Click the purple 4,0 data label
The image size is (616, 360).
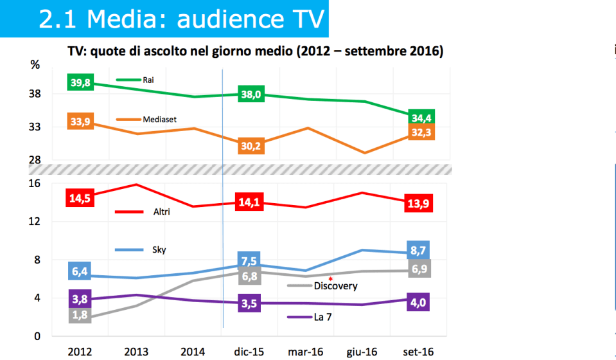click(x=418, y=303)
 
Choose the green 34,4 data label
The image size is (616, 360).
click(x=422, y=117)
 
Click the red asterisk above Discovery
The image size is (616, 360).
click(x=330, y=278)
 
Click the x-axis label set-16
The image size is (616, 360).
click(x=418, y=352)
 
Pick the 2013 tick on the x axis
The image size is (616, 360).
click(x=136, y=352)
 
